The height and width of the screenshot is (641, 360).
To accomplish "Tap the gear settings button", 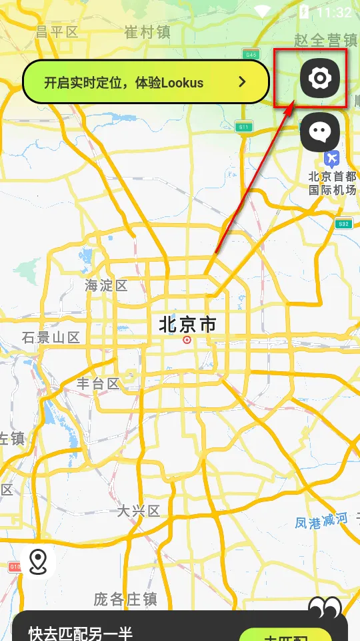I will [x=320, y=78].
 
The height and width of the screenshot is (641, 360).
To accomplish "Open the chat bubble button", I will [x=320, y=132].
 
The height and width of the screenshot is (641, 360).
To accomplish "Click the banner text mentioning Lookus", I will [x=123, y=83].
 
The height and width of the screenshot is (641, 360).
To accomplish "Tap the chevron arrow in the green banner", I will [x=243, y=82].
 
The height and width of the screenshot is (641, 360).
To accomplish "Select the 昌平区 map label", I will [x=57, y=31].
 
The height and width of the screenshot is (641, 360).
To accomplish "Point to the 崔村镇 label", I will [x=147, y=31].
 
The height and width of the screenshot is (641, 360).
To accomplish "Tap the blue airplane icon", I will [x=331, y=160].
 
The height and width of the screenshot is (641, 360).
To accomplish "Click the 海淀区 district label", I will [x=106, y=286].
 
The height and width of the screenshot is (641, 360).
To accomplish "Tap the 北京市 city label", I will [x=187, y=325].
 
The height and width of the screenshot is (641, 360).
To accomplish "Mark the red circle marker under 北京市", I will [x=187, y=340].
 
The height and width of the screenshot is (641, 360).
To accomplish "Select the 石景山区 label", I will [x=51, y=337].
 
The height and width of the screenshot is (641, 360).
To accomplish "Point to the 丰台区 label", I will [x=98, y=383].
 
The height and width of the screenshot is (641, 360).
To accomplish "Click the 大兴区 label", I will [x=139, y=511].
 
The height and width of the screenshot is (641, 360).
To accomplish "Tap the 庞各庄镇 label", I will [x=125, y=599].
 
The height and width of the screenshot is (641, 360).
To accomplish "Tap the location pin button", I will [x=38, y=562].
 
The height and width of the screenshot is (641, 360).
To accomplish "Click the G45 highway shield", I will [x=251, y=54].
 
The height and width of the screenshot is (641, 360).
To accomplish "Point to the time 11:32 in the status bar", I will [x=334, y=12].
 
